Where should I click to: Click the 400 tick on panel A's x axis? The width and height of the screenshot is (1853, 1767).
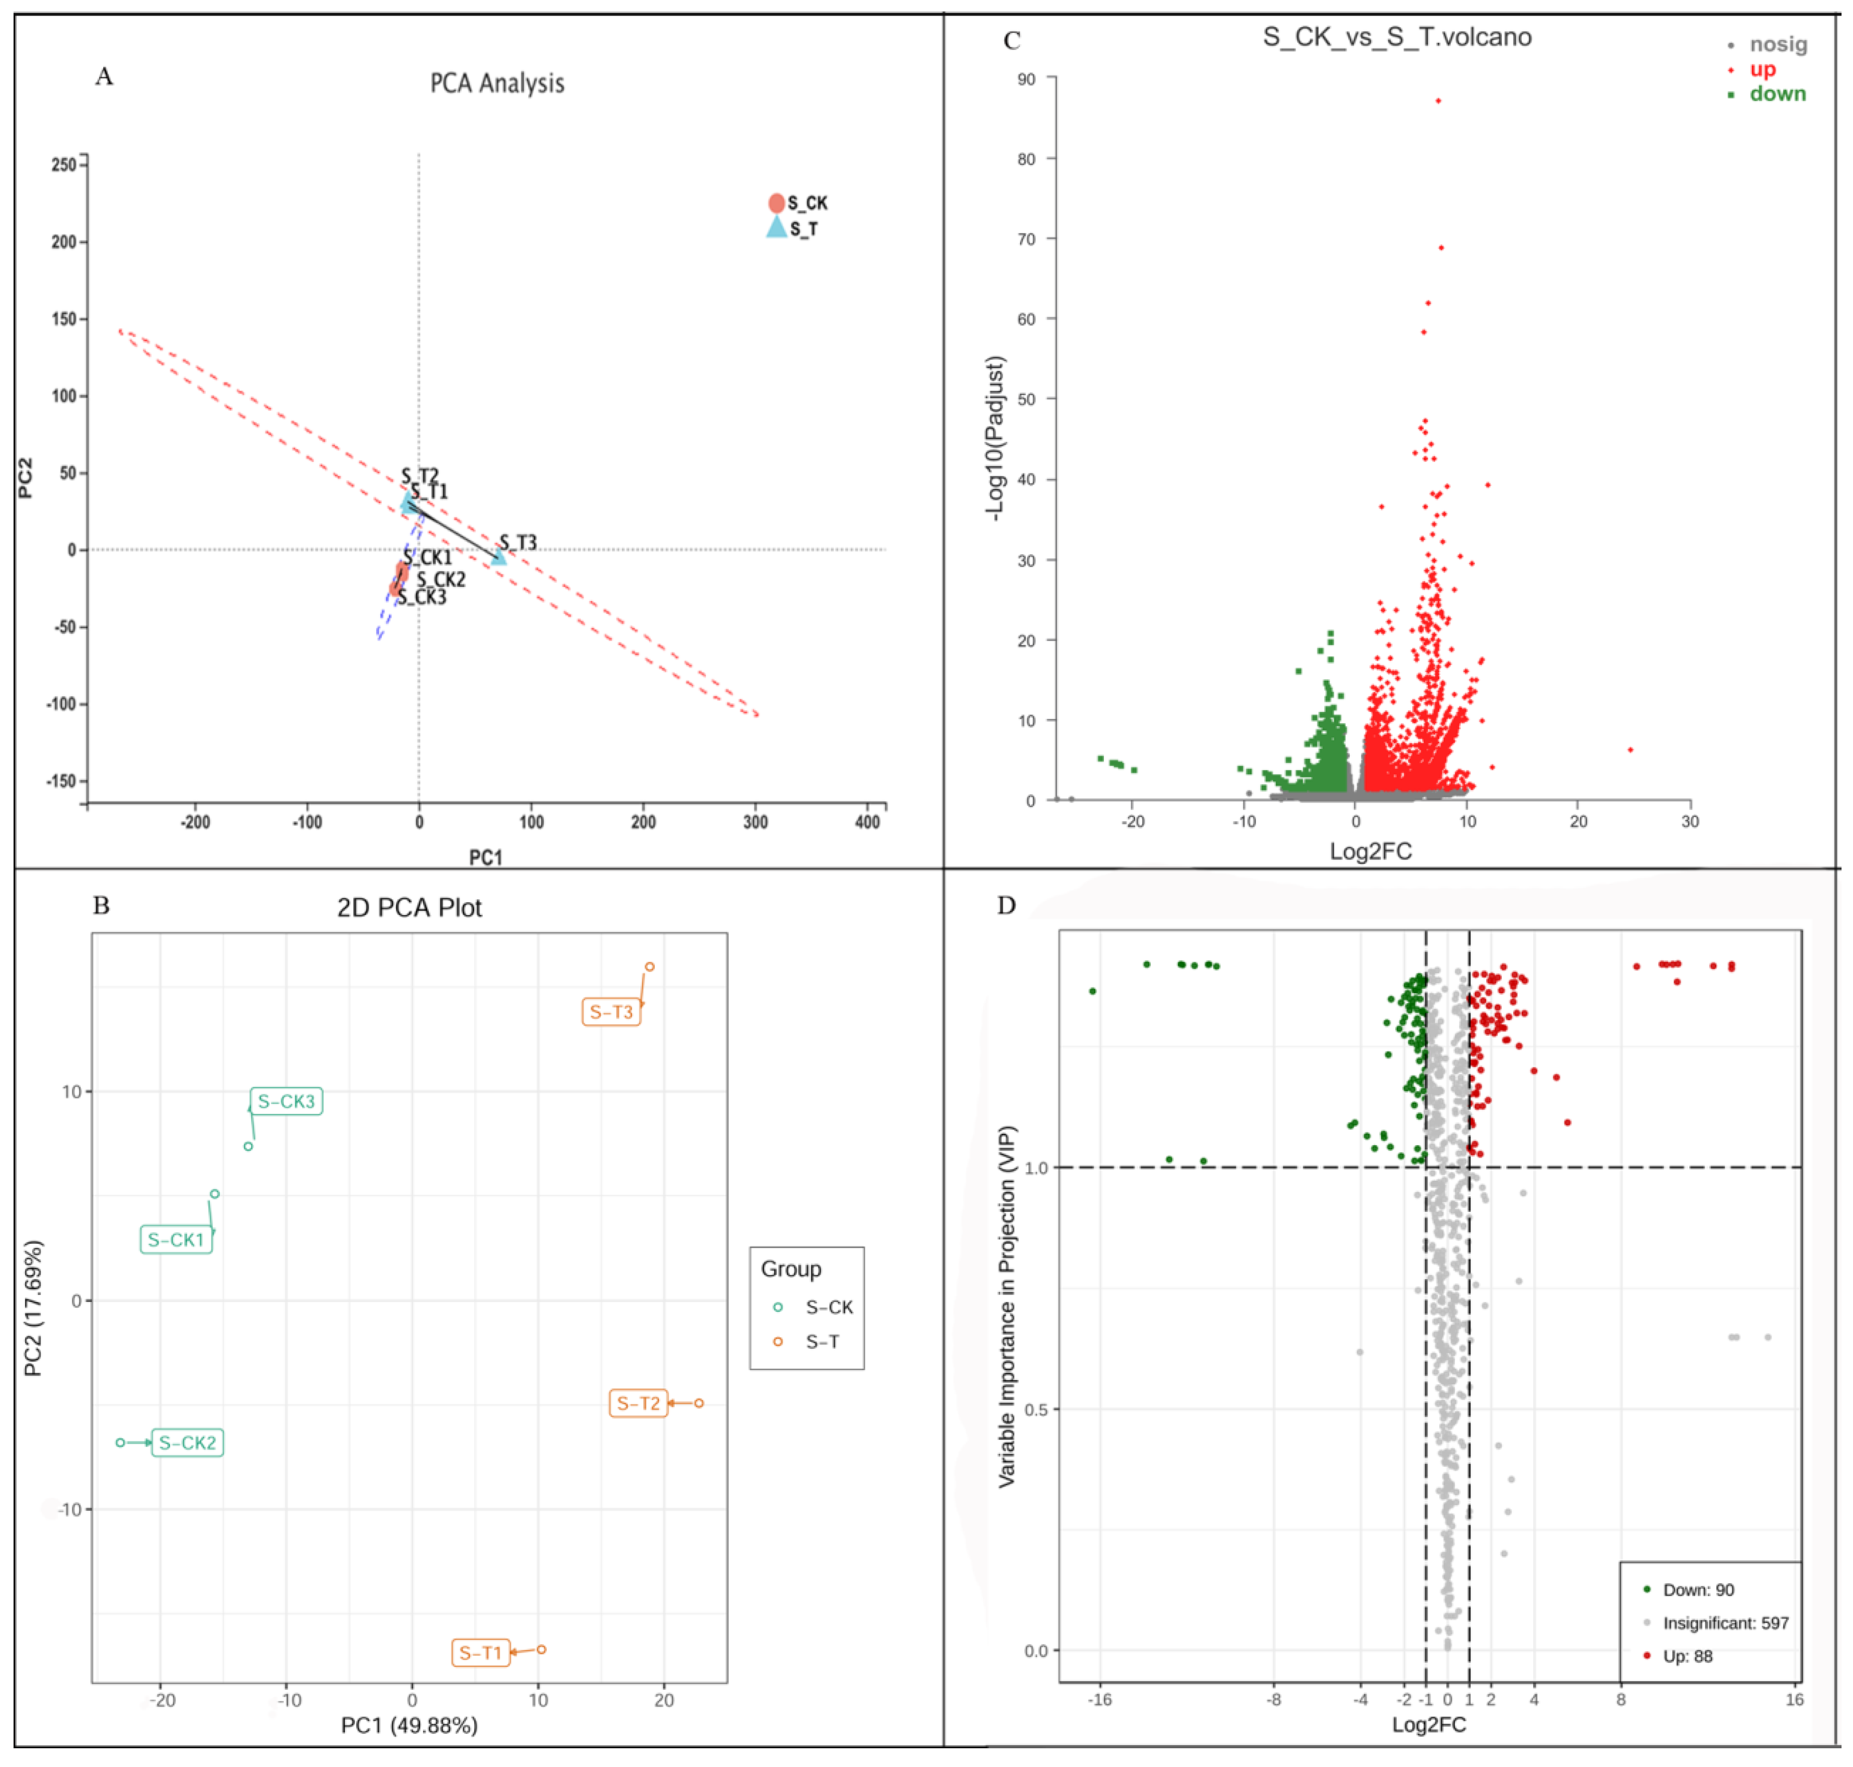pyautogui.click(x=867, y=821)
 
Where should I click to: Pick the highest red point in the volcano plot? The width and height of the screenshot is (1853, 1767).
pyautogui.click(x=1438, y=101)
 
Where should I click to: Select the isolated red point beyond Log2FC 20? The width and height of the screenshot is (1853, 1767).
pyautogui.click(x=1630, y=750)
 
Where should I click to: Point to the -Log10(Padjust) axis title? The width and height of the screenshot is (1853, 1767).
pyautogui.click(x=995, y=438)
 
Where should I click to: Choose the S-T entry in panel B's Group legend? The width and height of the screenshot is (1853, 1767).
pyautogui.click(x=822, y=1341)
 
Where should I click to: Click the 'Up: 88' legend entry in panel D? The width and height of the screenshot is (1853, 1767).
pyautogui.click(x=1686, y=1656)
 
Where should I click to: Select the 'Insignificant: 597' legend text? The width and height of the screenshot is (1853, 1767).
pyautogui.click(x=1724, y=1623)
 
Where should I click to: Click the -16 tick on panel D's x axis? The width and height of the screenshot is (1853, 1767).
pyautogui.click(x=1099, y=1700)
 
